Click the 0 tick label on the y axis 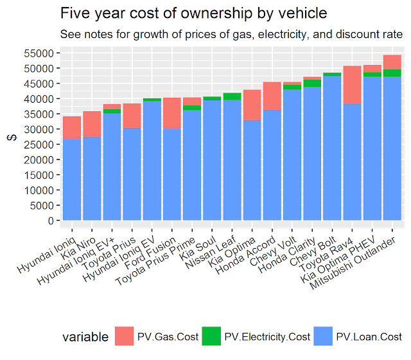pyautogui.click(x=49, y=221)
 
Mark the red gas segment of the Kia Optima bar pyautogui.click(x=252, y=105)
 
